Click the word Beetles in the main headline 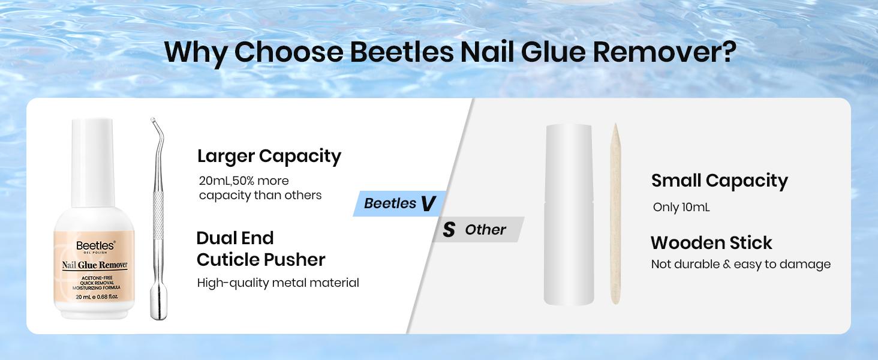[x=401, y=53]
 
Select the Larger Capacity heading [x=269, y=156]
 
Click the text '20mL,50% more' [x=243, y=181]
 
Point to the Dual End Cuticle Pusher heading [x=260, y=249]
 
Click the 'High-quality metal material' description [x=278, y=283]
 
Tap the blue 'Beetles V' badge [x=399, y=203]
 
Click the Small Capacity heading [x=719, y=181]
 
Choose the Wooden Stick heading [x=711, y=243]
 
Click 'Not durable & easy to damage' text [x=741, y=265]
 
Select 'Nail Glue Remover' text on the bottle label [x=95, y=265]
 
